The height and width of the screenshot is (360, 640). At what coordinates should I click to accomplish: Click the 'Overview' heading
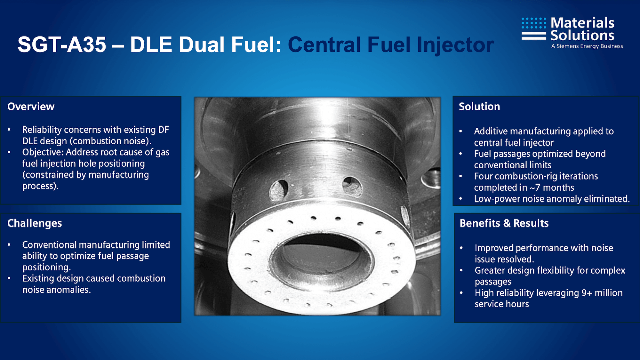click(x=31, y=107)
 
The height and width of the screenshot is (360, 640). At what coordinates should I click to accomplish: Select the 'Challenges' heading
click(x=35, y=223)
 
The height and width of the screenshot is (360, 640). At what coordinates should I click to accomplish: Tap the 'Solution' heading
click(x=479, y=107)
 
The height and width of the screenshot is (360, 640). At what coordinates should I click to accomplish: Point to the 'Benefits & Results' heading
click(x=504, y=223)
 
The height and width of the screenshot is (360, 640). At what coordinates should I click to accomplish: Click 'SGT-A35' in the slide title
click(x=62, y=44)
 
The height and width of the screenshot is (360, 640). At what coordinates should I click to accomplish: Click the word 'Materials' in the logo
click(x=582, y=23)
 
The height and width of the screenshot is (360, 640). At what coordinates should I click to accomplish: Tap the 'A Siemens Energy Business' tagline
click(x=587, y=46)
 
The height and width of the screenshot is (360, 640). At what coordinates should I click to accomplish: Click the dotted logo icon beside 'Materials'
click(x=534, y=28)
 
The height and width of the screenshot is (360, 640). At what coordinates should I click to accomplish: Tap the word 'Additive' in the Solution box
click(x=491, y=131)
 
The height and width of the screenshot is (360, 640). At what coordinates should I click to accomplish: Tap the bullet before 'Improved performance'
click(x=461, y=248)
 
